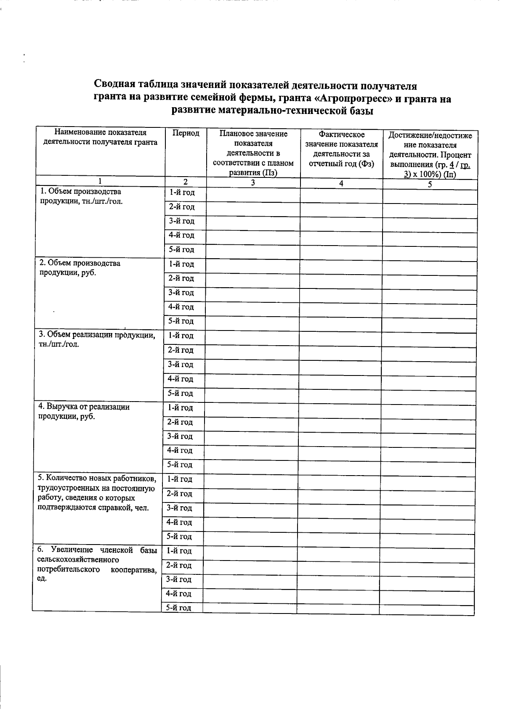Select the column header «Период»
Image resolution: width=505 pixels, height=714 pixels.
pyautogui.click(x=186, y=133)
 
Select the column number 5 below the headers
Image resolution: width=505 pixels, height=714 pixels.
pyautogui.click(x=430, y=184)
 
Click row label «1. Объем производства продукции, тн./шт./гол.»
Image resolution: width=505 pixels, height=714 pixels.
pyautogui.click(x=81, y=196)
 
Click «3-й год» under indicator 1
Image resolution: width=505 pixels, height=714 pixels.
pyautogui.click(x=181, y=221)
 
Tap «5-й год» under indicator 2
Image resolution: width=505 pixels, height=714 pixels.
pyautogui.click(x=181, y=321)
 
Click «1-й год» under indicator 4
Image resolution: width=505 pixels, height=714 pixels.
pyautogui.click(x=180, y=407)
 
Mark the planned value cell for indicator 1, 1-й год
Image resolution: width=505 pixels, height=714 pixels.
pyautogui.click(x=253, y=194)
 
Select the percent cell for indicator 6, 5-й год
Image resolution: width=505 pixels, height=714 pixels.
pyautogui.click(x=427, y=608)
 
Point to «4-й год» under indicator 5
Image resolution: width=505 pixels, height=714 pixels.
pyautogui.click(x=179, y=522)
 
